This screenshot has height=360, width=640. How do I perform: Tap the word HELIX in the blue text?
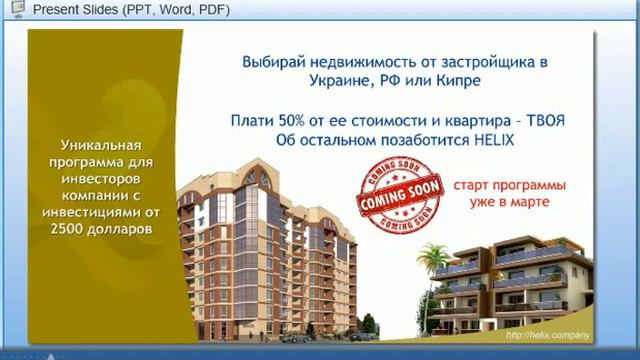click(x=490, y=140)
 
